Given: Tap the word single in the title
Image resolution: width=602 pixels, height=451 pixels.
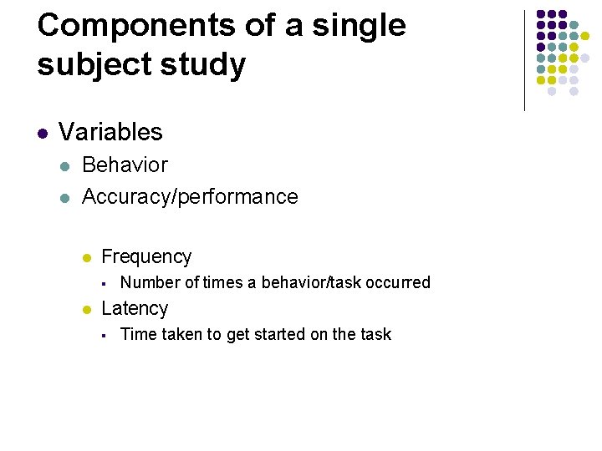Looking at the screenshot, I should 358,26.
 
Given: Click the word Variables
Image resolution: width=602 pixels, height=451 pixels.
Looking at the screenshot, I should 110,132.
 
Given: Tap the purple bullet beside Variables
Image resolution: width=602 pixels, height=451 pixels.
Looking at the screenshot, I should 42,133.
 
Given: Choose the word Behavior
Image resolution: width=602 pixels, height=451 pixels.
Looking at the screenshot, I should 125,165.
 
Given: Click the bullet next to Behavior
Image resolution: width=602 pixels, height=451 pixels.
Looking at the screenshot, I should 64,166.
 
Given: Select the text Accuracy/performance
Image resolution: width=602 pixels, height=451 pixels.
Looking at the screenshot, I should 190,197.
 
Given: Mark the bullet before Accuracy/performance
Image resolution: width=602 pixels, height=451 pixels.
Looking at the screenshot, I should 64,198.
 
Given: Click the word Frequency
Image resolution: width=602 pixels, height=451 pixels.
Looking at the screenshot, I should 146,257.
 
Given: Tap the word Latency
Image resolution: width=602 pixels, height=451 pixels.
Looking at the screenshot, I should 135,308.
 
